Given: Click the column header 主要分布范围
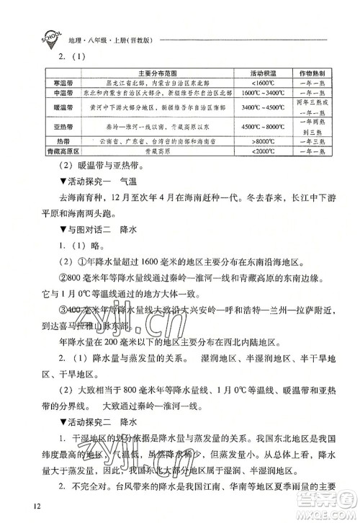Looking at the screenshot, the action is [157, 73].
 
